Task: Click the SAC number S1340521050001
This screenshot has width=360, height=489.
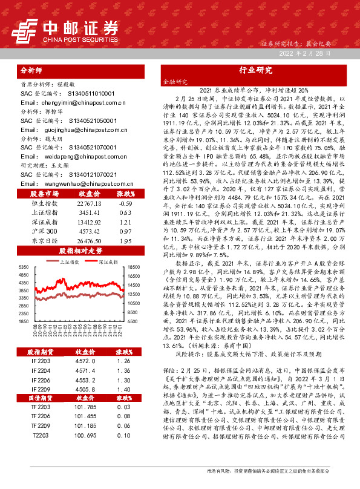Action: pyautogui.click(x=91, y=120)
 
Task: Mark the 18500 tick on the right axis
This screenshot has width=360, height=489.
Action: pyautogui.click(x=134, y=267)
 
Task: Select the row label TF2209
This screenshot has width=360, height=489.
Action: pyautogui.click(x=42, y=427)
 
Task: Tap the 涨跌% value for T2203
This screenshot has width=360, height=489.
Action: pyautogui.click(x=125, y=435)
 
